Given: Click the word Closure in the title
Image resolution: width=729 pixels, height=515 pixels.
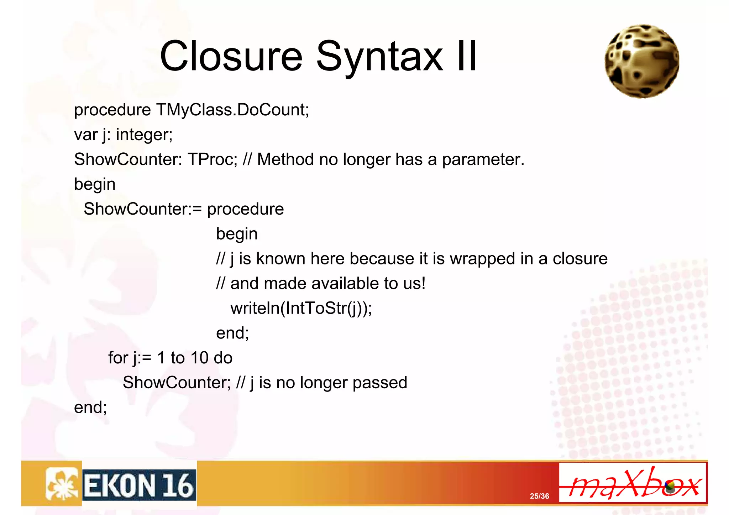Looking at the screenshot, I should (231, 56).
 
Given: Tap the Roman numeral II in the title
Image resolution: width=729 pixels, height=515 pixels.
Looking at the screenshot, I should (467, 56).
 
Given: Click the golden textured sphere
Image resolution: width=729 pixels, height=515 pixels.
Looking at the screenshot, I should (642, 61).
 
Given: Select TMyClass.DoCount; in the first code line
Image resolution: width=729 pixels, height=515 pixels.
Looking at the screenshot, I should (232, 110).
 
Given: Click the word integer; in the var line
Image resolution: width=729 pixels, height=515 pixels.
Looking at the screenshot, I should (144, 135).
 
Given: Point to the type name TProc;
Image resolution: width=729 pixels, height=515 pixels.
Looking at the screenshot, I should (212, 159).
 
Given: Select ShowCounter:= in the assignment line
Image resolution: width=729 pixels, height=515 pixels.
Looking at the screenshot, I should (143, 209).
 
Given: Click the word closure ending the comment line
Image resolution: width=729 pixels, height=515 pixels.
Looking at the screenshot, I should (580, 259).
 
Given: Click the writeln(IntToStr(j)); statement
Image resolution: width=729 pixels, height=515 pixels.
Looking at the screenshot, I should (301, 308).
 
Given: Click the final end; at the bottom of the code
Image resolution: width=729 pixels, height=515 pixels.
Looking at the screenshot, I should (90, 408).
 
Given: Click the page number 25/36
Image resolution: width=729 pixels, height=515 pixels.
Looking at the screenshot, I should (539, 496).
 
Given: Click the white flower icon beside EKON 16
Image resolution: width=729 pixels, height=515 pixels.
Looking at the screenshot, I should (62, 484).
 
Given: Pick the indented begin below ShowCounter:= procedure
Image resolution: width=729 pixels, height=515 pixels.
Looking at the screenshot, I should (237, 234).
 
